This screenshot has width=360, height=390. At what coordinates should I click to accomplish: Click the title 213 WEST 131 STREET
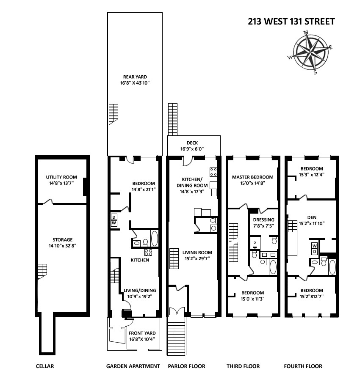click(x=291, y=22)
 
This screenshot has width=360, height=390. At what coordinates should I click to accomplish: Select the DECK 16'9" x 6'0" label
click(x=192, y=146)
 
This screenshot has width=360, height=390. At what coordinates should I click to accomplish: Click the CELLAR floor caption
click(x=45, y=366)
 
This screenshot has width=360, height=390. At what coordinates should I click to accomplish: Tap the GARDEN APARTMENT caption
click(x=133, y=366)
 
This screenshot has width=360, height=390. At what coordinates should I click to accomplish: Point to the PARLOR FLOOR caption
click(x=186, y=366)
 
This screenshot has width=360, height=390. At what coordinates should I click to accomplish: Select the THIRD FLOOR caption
click(x=243, y=366)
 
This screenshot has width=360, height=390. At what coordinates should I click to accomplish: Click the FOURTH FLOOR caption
click(x=303, y=366)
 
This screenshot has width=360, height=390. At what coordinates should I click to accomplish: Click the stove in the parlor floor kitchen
click(x=213, y=172)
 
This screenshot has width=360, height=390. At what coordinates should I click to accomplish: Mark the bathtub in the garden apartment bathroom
click(x=154, y=239)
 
